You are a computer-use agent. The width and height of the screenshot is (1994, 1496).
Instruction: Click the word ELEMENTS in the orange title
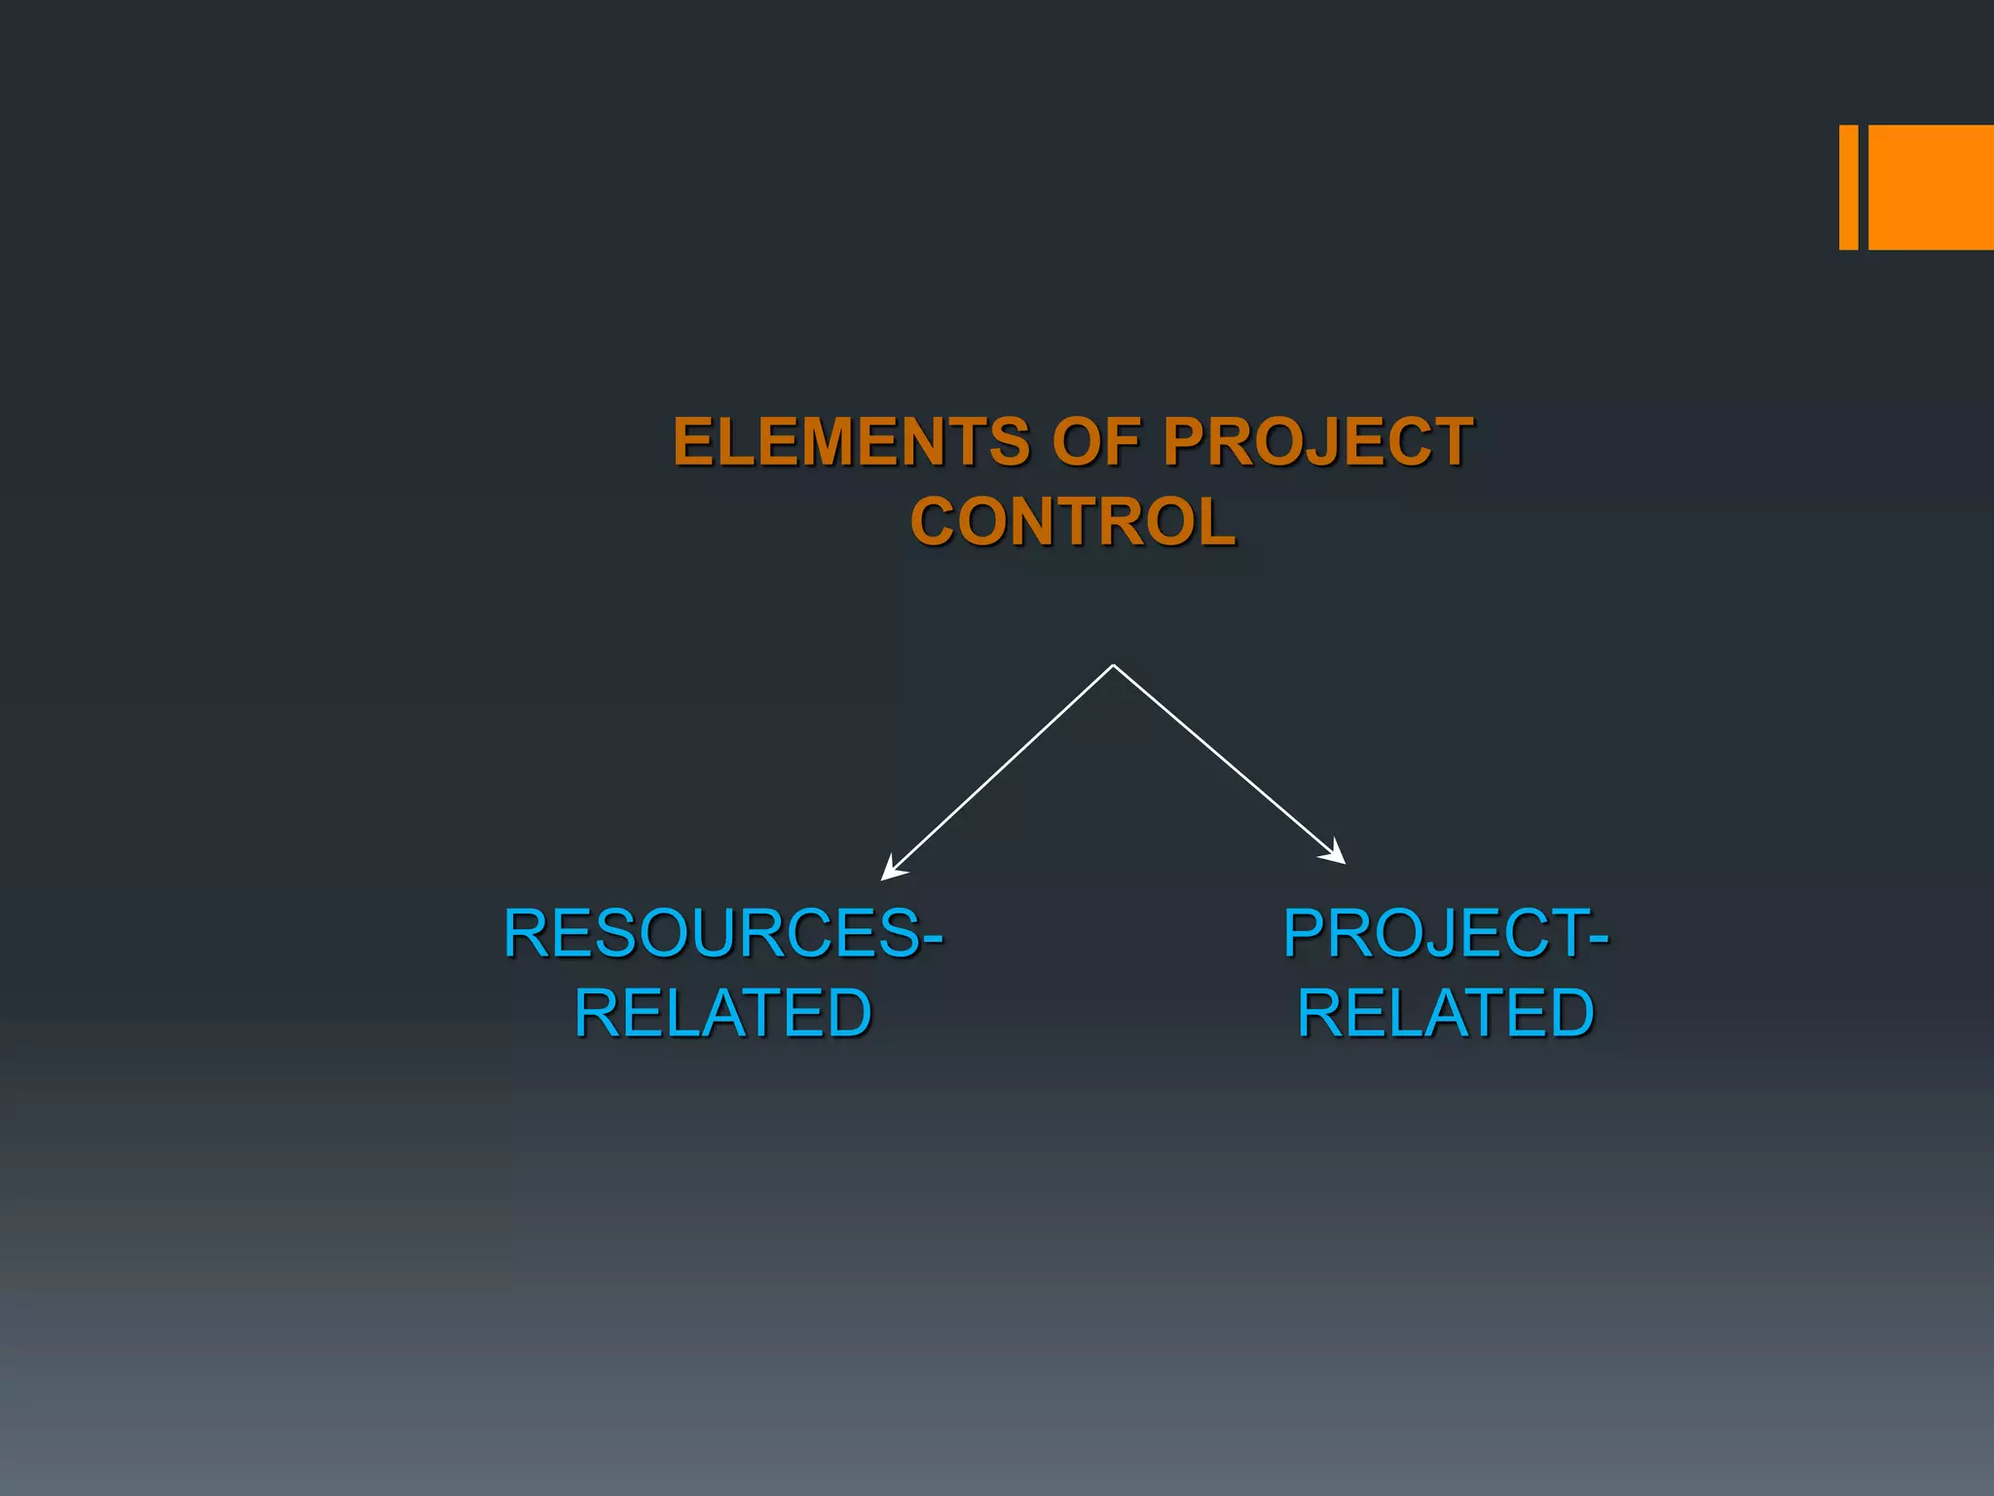point(851,441)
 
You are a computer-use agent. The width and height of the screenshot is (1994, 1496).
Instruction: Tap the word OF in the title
point(1096,441)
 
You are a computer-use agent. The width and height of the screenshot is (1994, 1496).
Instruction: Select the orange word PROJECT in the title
point(1318,441)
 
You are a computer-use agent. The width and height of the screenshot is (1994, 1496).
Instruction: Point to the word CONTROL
point(1073,522)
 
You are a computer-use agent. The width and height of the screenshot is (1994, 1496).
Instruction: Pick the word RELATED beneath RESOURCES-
point(722,1013)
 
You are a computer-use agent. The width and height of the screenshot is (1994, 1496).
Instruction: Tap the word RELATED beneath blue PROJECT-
point(1445,1013)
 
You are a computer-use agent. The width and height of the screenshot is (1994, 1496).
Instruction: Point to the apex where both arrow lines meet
point(1113,666)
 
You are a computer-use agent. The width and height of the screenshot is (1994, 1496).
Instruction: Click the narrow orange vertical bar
point(1848,187)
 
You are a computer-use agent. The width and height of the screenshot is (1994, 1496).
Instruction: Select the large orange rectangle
point(1931,187)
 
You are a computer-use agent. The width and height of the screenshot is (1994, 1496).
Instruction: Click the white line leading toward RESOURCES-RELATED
point(1003,768)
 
